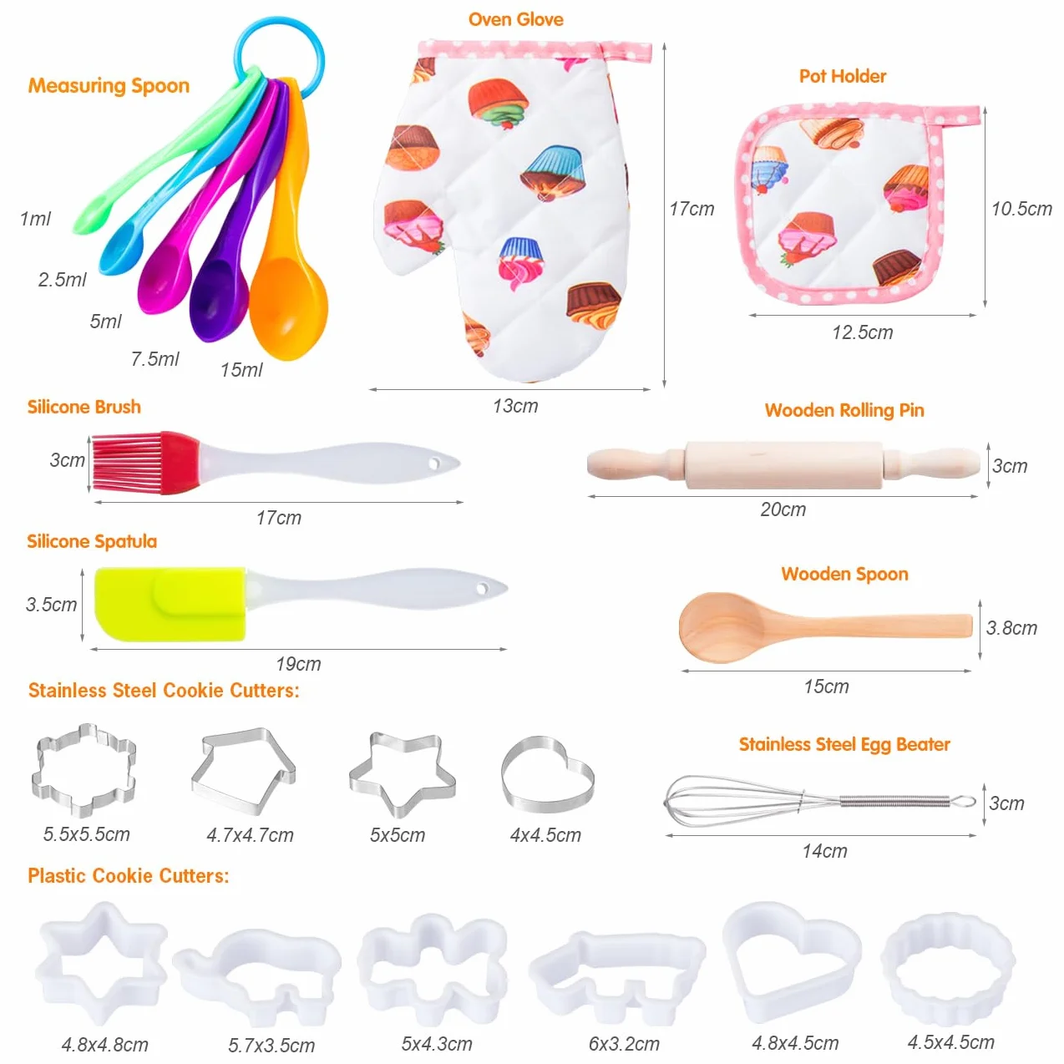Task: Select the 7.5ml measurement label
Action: click(155, 359)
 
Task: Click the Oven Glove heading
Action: click(515, 19)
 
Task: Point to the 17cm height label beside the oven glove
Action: click(692, 209)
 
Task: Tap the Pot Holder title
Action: click(843, 76)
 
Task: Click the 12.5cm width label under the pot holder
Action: click(863, 332)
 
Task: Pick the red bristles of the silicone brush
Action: click(128, 463)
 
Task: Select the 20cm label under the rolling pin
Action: click(783, 509)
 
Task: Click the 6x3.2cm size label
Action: click(624, 1044)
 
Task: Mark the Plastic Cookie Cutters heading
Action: click(128, 876)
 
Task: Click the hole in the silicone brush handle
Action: click(434, 464)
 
